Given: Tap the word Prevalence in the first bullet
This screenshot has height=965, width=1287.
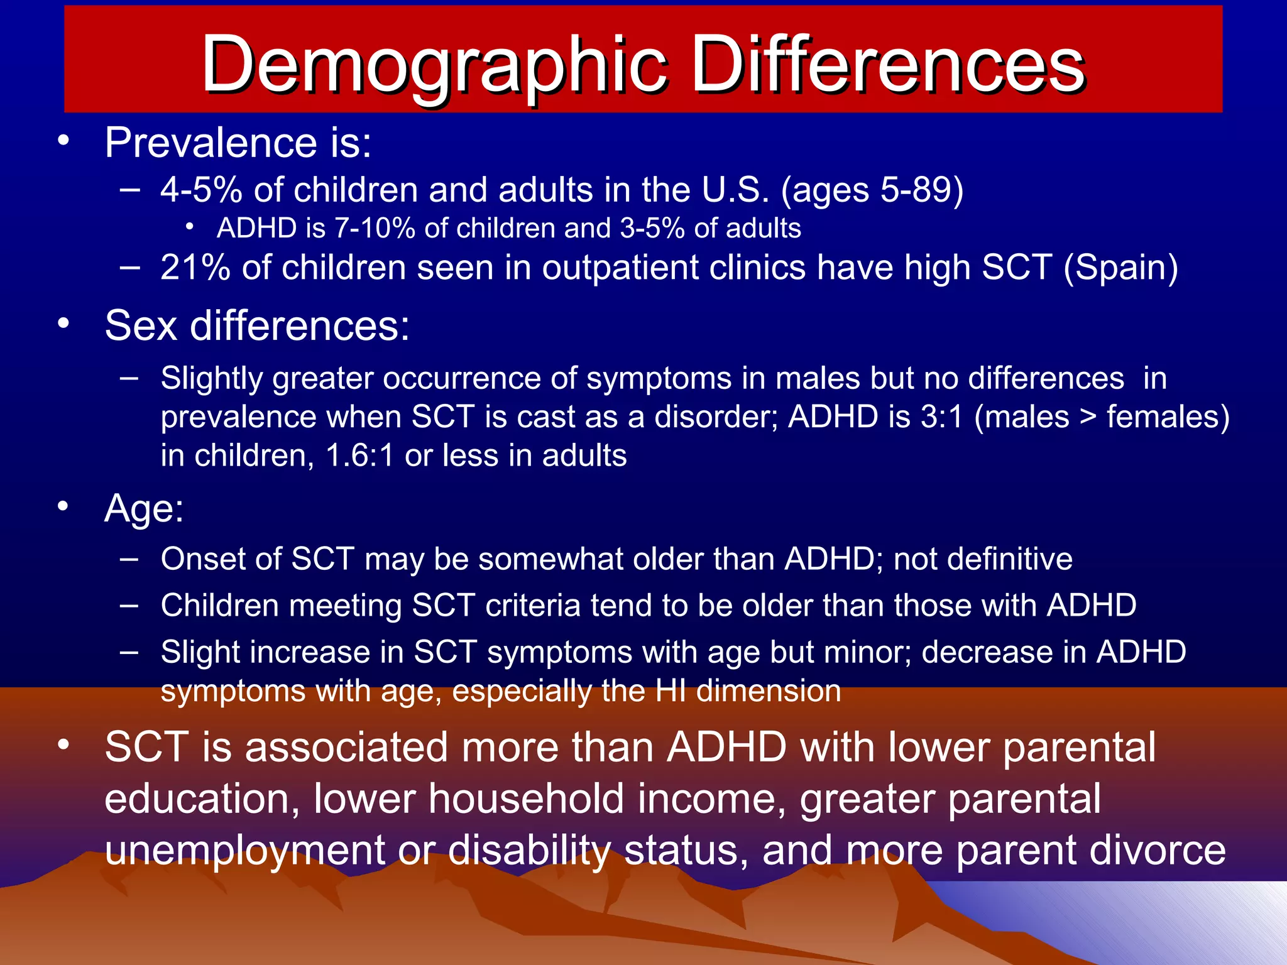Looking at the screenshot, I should [x=211, y=143].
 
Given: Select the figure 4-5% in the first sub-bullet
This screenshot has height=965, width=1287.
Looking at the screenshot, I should [x=201, y=190].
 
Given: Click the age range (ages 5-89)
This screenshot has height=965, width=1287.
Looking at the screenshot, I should [x=872, y=190].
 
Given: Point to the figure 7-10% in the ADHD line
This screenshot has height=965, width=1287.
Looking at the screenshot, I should [x=375, y=229].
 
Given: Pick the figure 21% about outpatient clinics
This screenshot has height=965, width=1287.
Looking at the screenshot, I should [x=195, y=268].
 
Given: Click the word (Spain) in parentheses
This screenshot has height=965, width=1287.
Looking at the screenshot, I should [x=1120, y=268].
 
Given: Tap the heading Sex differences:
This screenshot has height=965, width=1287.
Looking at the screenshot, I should [x=257, y=326].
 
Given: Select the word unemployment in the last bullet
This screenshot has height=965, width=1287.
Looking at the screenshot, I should [x=245, y=850].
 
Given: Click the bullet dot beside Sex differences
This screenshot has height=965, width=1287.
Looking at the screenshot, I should [x=63, y=324].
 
